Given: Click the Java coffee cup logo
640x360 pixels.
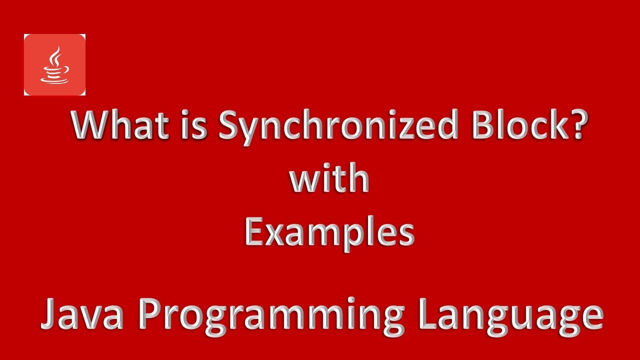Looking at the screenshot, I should point(54,65).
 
